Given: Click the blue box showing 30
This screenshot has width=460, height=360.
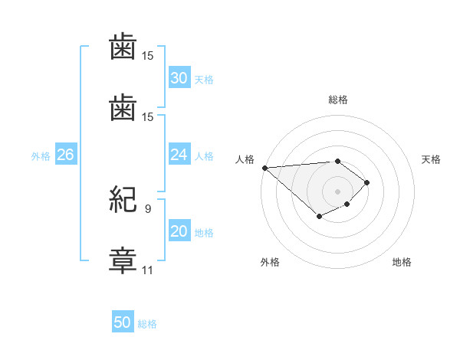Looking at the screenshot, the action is [x=179, y=77].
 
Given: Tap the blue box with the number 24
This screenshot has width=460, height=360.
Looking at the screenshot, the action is [x=179, y=154].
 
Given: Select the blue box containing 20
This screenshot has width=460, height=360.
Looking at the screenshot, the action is [x=179, y=230].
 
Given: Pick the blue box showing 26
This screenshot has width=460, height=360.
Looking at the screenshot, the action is [x=66, y=154].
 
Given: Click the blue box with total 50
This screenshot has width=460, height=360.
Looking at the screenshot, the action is [x=123, y=321].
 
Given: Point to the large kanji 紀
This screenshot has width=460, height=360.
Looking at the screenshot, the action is [x=123, y=199].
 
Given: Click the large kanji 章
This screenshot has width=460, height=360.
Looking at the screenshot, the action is [x=123, y=260].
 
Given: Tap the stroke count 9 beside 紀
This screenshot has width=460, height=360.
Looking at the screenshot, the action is [x=148, y=209].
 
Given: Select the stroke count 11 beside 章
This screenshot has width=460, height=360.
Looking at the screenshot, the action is [x=147, y=270].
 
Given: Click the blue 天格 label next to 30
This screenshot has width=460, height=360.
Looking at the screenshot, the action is [x=204, y=80].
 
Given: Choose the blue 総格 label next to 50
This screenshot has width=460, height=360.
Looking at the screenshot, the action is [x=147, y=324].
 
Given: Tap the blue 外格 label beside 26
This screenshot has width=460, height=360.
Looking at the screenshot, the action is [x=41, y=156].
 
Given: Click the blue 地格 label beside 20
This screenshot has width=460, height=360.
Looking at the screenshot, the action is [x=204, y=233].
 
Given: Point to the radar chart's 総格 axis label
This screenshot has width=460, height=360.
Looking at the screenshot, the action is [x=338, y=100].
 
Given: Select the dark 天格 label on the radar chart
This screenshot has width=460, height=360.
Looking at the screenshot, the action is [x=431, y=159].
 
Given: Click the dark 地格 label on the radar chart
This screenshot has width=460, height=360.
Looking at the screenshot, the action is [x=402, y=262].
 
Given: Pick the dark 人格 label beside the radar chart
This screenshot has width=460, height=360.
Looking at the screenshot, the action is [x=245, y=159].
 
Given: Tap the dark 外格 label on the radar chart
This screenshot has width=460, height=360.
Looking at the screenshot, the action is [x=270, y=262].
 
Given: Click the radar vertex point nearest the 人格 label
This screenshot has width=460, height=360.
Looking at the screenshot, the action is [x=265, y=168].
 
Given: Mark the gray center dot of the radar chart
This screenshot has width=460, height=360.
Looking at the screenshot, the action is [x=337, y=191].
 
